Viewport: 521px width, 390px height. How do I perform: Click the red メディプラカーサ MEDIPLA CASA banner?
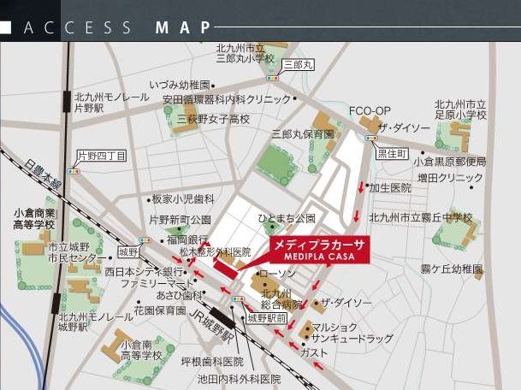(x=317, y=249)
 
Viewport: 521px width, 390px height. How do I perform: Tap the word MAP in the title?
(x=183, y=28)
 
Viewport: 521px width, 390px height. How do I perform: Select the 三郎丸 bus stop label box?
(x=299, y=64)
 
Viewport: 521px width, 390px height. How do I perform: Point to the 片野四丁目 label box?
(x=102, y=156)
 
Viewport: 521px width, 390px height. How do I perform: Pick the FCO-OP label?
(x=370, y=111)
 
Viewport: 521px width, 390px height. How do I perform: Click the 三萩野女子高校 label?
(x=213, y=120)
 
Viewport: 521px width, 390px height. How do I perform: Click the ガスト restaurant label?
(x=314, y=352)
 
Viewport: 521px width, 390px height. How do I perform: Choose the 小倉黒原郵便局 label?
(x=449, y=161)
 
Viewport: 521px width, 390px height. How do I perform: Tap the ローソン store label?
(x=276, y=274)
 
